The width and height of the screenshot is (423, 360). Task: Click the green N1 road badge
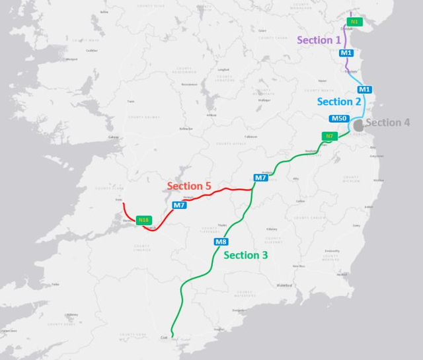(x=354, y=22)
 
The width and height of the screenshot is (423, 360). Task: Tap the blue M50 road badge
(x=338, y=118)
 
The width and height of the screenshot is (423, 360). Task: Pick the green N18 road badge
(x=143, y=219)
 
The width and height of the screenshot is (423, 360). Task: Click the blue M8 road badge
(x=221, y=242)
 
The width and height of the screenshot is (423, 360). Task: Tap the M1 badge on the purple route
(x=346, y=53)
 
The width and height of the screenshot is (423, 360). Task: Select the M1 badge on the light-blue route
(x=364, y=89)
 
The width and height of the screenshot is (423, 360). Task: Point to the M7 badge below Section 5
(x=178, y=205)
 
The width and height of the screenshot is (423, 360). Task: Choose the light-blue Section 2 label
(x=339, y=102)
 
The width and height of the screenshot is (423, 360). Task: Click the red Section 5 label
(x=189, y=186)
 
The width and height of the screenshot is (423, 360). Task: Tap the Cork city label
(x=163, y=338)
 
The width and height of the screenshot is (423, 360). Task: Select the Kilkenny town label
(x=272, y=229)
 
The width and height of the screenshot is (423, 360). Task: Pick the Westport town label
(x=71, y=59)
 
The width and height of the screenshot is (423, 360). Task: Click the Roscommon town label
(x=189, y=84)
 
